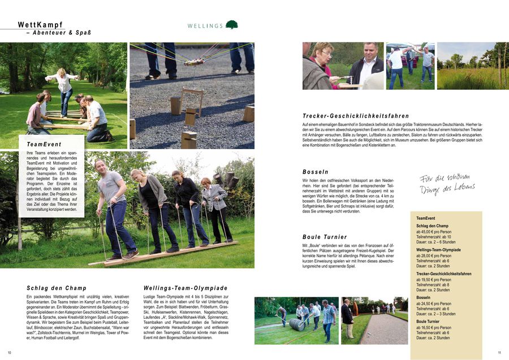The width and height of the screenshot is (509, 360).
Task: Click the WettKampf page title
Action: click(x=40, y=25)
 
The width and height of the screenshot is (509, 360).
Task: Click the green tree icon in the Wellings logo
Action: click(x=231, y=25)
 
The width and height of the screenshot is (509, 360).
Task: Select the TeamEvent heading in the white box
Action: click(x=44, y=145)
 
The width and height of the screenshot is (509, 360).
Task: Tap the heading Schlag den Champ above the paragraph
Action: click(x=57, y=288)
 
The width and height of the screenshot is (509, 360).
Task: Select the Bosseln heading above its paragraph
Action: click(x=315, y=172)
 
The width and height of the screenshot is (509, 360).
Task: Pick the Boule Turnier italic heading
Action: click(x=325, y=237)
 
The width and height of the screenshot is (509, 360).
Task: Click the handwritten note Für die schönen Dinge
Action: click(x=447, y=184)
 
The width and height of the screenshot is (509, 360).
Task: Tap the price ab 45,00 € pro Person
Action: click(x=434, y=232)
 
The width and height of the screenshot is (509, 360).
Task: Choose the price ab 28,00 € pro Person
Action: click(x=434, y=255)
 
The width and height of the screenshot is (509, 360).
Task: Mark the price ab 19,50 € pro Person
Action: click(x=434, y=280)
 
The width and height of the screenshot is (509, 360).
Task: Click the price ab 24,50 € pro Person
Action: click(x=434, y=303)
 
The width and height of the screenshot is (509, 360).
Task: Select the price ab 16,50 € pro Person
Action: click(x=434, y=327)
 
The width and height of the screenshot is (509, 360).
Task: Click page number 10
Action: click(x=10, y=353)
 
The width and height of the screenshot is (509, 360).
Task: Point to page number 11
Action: click(x=499, y=353)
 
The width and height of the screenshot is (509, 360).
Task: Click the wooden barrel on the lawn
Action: click(x=297, y=325)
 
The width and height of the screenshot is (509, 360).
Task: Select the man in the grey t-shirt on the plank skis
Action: click(x=113, y=203)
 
